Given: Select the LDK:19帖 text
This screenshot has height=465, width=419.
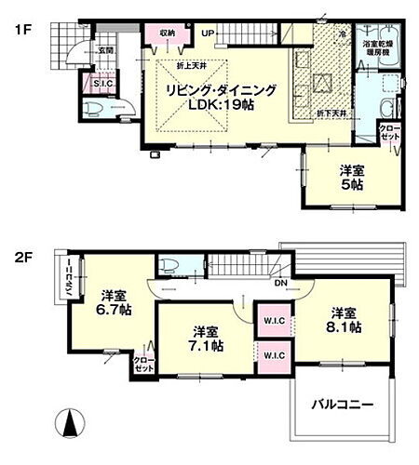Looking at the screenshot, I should tap(223, 105).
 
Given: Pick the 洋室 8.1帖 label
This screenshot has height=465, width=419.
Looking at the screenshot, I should tap(344, 320).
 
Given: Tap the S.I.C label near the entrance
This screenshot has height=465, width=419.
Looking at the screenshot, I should tap(103, 86).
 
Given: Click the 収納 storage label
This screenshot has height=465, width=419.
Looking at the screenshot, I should tap(167, 33).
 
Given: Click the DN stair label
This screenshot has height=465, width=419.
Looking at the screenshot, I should tap(280, 285).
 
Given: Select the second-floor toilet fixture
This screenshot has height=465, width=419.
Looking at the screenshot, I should tap(170, 266).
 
